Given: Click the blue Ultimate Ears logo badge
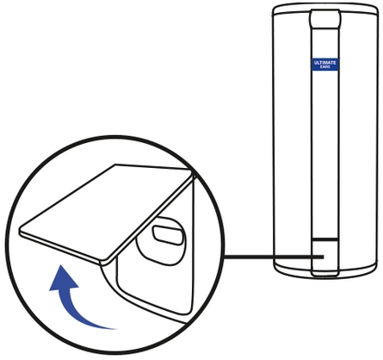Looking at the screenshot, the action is click(324, 65).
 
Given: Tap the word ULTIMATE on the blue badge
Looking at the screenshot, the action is click(324, 63).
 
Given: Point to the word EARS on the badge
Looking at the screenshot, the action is click(324, 67).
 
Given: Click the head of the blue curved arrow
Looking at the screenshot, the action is click(63, 278).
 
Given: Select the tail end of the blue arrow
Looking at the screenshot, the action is click(114, 328).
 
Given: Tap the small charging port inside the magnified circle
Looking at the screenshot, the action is click(167, 236).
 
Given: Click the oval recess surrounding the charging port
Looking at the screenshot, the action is click(162, 239).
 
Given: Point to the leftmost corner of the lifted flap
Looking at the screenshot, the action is click(20, 231).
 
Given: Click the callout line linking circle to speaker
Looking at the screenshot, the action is click(274, 257).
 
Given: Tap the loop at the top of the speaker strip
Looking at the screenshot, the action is click(324, 18).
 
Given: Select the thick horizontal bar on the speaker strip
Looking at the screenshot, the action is click(324, 239).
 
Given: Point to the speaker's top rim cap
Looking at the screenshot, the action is click(324, 8).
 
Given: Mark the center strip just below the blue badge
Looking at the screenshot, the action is click(324, 86).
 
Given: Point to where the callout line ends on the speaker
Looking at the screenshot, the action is click(324, 257).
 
